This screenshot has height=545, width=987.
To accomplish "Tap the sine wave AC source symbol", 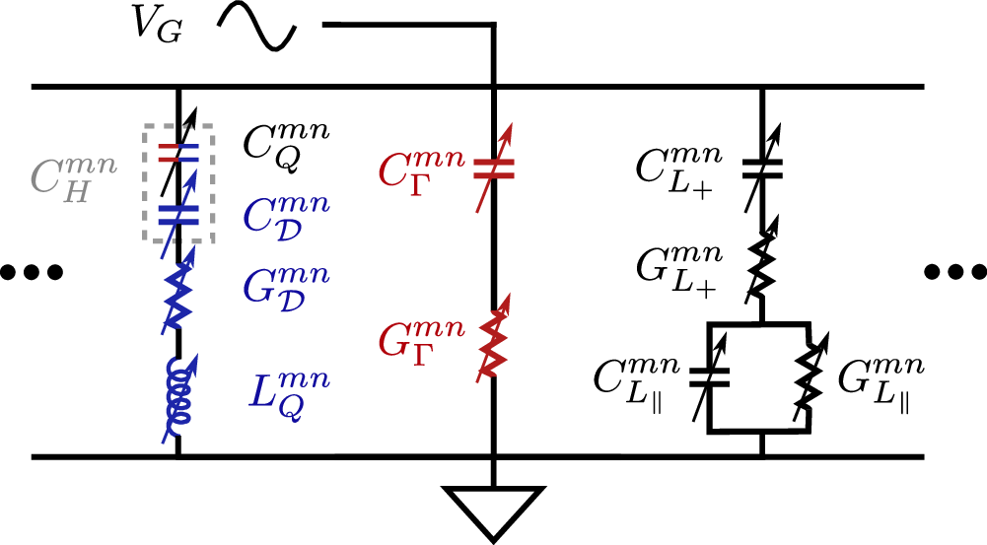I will click(x=258, y=26).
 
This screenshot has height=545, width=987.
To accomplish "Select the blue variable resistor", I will click(x=177, y=296).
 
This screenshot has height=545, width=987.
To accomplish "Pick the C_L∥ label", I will click(x=636, y=379).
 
